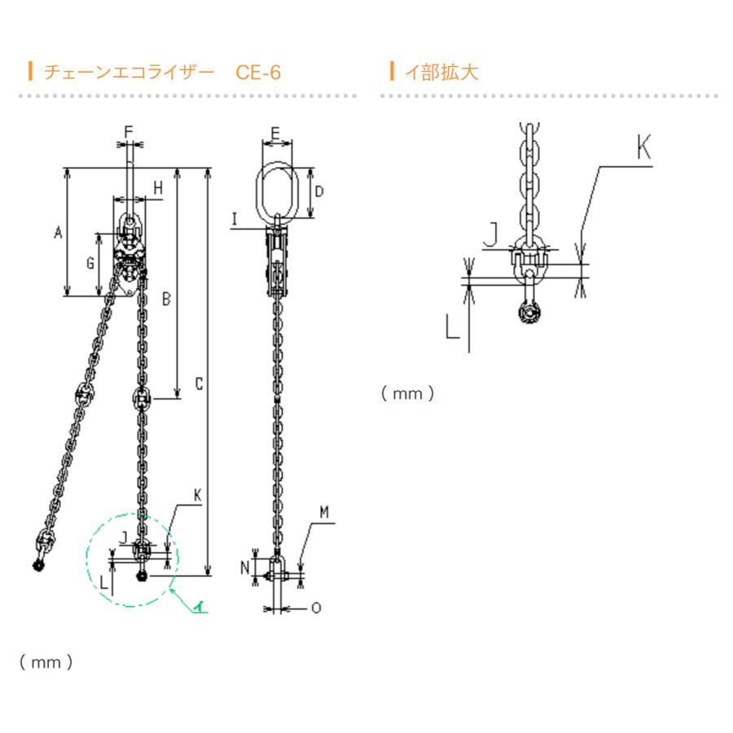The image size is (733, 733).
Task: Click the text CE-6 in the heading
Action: pyautogui.click(x=258, y=72)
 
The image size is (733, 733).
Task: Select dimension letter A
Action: pyautogui.click(x=58, y=233)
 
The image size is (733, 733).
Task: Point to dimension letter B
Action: pyautogui.click(x=165, y=300)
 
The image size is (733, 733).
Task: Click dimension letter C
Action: pyautogui.click(x=199, y=384)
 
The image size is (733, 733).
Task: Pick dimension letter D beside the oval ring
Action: pyautogui.click(x=319, y=192)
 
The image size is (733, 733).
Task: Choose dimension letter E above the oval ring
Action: pyautogui.click(x=275, y=132)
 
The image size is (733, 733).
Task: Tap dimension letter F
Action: pyautogui.click(x=128, y=131)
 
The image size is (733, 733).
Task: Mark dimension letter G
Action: pyautogui.click(x=90, y=263)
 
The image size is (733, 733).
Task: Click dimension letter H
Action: pyautogui.click(x=158, y=188)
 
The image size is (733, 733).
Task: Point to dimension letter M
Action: pyautogui.click(x=323, y=511)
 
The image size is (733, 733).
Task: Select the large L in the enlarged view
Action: pyautogui.click(x=453, y=327)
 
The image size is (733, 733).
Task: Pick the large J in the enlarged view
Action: pyautogui.click(x=491, y=235)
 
